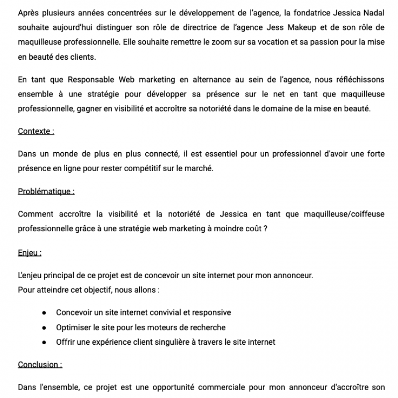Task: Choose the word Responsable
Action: click(93, 79)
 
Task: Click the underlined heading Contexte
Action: click(36, 131)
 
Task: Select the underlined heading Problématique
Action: click(46, 191)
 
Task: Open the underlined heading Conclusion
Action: click(40, 364)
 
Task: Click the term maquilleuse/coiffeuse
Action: click(341, 214)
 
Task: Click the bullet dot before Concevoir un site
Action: click(44, 312)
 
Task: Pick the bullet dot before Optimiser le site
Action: click(44, 327)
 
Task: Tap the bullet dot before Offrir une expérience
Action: click(44, 342)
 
